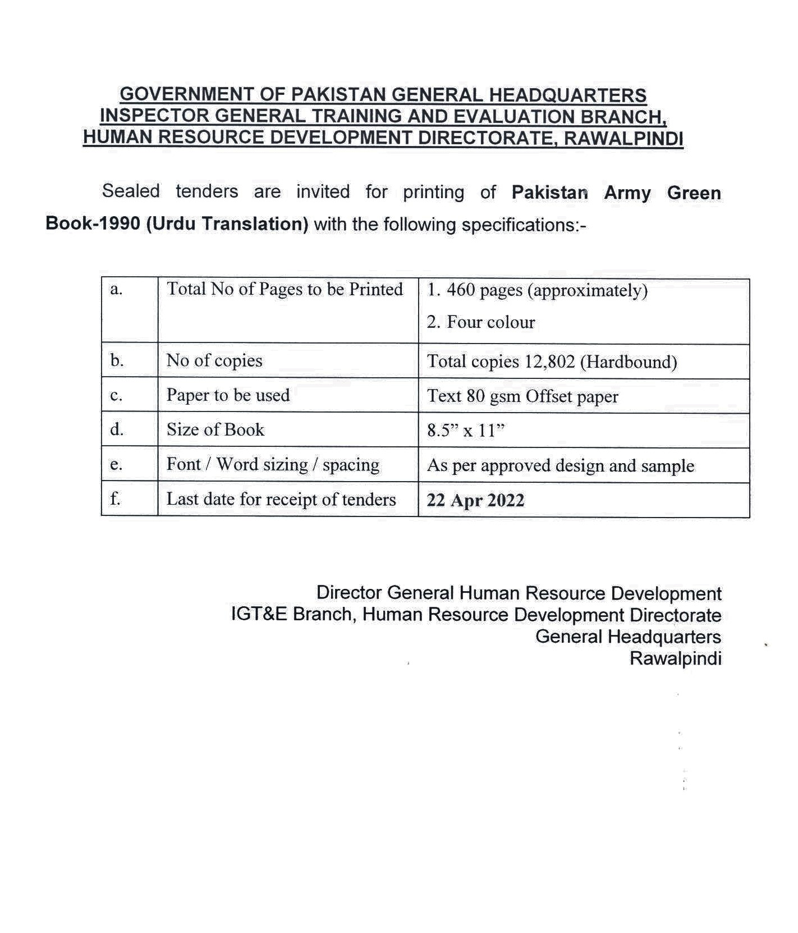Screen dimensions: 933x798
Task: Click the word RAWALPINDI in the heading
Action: [623, 138]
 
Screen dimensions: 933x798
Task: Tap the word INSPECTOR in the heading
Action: [154, 116]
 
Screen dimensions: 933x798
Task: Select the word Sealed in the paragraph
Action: [131, 191]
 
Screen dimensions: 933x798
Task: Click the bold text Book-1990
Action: [93, 223]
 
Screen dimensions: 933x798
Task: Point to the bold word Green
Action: [694, 193]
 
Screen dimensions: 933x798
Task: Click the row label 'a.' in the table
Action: [116, 290]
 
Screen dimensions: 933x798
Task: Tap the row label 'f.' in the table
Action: [115, 498]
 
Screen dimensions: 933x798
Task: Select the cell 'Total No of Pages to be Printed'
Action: [285, 290]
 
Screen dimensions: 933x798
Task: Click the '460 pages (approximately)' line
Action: [537, 291]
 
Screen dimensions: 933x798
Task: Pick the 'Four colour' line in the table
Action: [481, 322]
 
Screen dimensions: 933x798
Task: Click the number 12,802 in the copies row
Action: [550, 362]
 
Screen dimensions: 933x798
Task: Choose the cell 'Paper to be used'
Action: [228, 395]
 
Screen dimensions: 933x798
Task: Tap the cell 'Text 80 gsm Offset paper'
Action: [522, 396]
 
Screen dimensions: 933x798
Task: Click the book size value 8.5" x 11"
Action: [466, 431]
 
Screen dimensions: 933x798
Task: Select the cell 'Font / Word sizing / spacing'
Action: [273, 465]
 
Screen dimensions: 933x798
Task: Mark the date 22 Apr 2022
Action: [475, 500]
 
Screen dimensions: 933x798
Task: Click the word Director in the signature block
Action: [349, 593]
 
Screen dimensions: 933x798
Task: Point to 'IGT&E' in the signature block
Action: [259, 615]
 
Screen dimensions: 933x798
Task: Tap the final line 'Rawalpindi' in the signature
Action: [675, 658]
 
